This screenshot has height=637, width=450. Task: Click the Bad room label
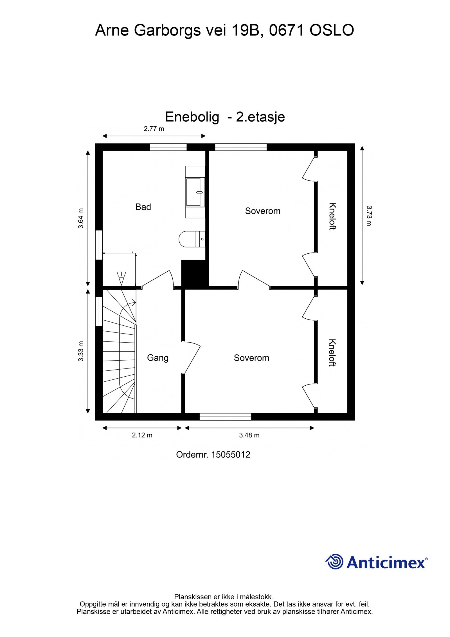[x=143, y=207]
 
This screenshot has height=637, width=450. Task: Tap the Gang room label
[x=157, y=358]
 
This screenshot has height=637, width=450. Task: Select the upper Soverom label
[x=262, y=211]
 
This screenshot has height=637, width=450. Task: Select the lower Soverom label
[x=251, y=358]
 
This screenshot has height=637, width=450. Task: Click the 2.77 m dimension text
[x=154, y=129]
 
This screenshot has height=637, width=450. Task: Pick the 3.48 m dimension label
[x=249, y=435]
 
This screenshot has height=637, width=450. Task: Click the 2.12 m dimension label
[x=142, y=435]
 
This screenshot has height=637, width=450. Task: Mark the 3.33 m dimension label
[x=81, y=351]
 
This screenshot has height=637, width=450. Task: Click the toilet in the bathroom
[x=191, y=239]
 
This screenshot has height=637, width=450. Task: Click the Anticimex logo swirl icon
[x=334, y=562]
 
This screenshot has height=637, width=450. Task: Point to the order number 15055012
[x=230, y=455]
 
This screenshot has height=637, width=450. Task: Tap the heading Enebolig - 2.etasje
[x=225, y=117]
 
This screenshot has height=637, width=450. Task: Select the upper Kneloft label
[x=332, y=216]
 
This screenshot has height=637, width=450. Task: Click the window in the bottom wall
[x=225, y=417]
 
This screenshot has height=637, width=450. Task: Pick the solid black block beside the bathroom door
[x=194, y=273]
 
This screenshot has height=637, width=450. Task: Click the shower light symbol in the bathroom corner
[x=121, y=278]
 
